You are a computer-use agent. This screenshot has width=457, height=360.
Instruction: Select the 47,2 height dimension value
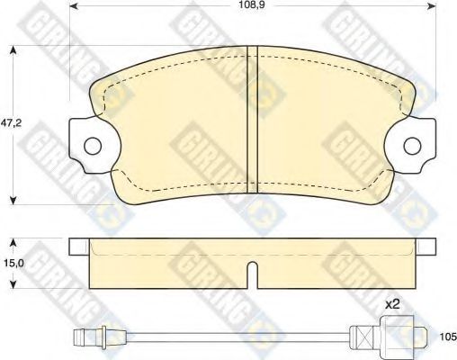11,123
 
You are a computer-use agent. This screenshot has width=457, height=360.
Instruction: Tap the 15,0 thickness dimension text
12,263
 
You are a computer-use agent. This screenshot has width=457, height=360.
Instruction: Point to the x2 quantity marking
392,304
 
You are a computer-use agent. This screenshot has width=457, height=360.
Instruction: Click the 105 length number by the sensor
448,337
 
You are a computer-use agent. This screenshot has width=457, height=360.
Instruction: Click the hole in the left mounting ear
93,146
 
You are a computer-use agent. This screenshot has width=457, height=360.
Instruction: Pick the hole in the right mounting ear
412,146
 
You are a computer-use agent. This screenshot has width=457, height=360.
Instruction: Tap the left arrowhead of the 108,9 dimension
75,5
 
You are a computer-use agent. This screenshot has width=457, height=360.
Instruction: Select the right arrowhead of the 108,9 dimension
431,5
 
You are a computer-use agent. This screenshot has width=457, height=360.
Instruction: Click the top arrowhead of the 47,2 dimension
13,50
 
